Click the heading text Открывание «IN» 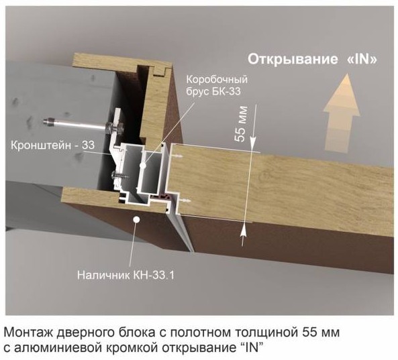312,59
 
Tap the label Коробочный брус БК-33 217,85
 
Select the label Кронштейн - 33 53,145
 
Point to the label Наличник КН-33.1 126,275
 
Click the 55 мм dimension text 241,124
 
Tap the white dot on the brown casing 137,220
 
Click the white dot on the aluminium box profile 143,166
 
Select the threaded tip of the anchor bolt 48,121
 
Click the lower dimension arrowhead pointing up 244,229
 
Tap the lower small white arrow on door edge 185,200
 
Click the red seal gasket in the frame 162,196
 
